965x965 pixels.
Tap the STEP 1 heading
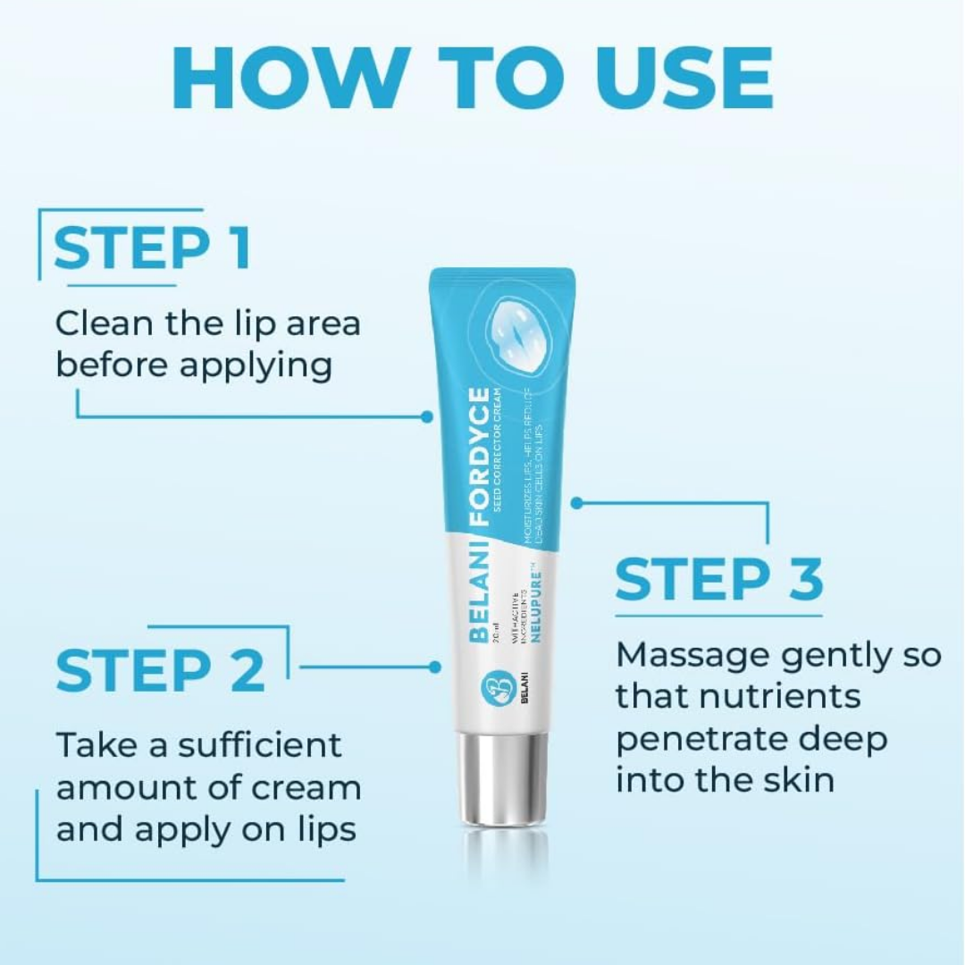pos(152,249)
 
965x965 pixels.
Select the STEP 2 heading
pos(161,671)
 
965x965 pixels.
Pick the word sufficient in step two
pos(260,744)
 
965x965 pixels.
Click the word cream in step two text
pos(306,787)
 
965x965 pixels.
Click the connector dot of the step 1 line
pos(427,416)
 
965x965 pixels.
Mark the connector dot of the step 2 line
pos(435,667)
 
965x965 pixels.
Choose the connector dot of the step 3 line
pos(576,503)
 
